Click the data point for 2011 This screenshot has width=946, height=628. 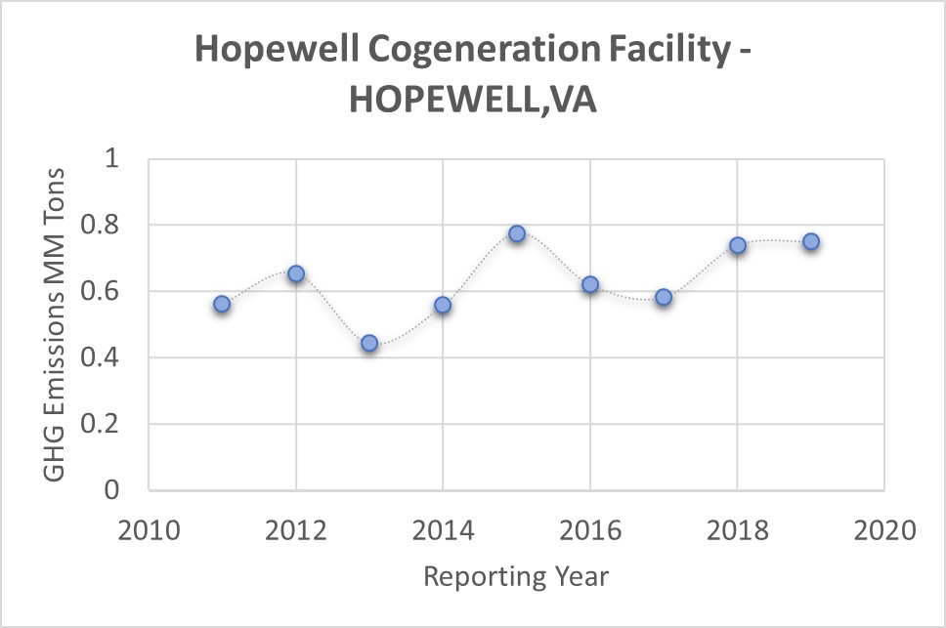222,304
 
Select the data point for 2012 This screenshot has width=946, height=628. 296,273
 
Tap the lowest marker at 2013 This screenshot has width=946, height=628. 369,343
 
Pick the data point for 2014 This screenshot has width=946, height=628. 443,305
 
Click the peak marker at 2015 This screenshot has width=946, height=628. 517,233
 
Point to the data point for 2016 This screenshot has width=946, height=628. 590,284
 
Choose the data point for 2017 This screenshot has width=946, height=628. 664,297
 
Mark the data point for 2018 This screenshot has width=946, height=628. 738,245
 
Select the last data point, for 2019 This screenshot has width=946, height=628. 811,241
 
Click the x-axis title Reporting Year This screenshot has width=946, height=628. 516,576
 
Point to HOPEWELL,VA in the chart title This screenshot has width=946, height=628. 473,100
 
